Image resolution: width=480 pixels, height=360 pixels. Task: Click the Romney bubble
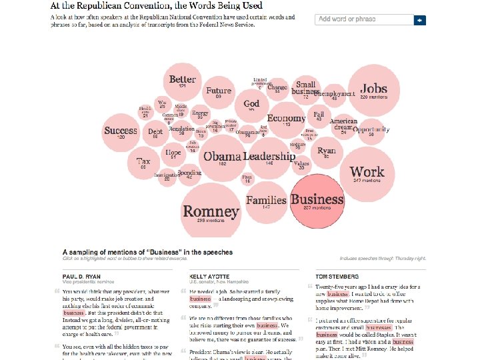click(211, 211)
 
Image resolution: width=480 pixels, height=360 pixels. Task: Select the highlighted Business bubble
click(317, 201)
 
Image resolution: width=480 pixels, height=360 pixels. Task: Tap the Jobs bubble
click(373, 91)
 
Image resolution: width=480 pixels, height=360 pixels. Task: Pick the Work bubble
click(367, 173)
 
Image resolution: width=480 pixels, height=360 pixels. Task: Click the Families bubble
click(266, 202)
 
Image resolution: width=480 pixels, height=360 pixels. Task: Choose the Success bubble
click(121, 132)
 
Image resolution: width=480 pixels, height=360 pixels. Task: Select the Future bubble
click(219, 93)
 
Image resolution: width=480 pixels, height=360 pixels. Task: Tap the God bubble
click(251, 105)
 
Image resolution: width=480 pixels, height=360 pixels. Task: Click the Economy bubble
click(286, 121)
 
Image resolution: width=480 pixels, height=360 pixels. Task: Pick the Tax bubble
click(143, 163)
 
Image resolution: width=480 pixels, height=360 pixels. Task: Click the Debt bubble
click(155, 133)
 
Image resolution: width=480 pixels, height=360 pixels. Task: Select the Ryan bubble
click(327, 153)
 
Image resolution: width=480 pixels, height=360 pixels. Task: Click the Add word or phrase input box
click(364, 19)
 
